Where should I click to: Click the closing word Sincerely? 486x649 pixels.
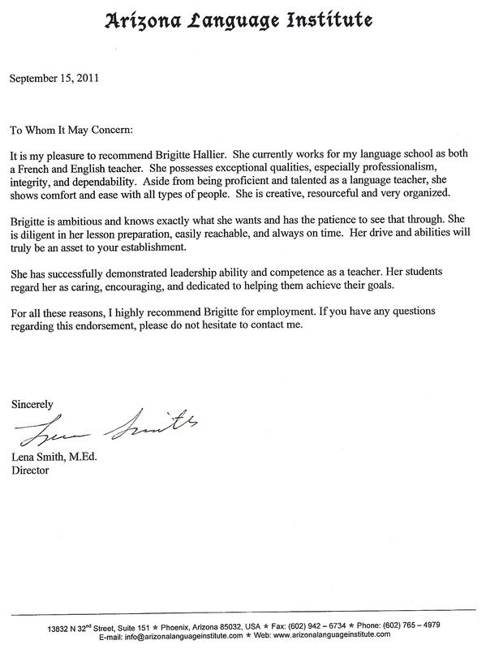click(x=33, y=403)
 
